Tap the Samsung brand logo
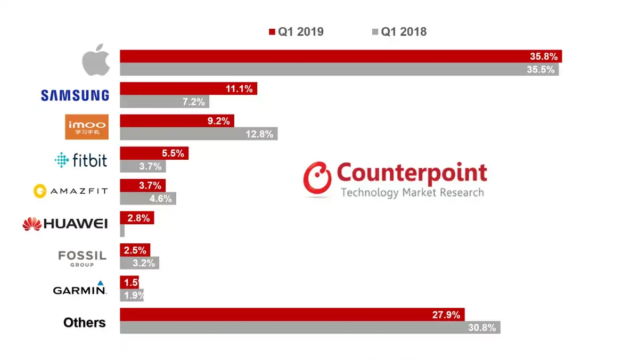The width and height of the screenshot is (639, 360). pos(75,95)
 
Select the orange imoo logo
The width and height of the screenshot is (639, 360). pos(86,127)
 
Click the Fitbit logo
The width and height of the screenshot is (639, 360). pos(81,160)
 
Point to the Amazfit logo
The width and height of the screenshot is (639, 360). pos(70,191)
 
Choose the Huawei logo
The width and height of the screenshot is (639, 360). pos(65,224)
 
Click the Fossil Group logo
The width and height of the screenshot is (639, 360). pos(82,257)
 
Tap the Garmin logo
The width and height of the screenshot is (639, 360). pos(80,289)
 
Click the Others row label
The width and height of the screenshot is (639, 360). pos(84,323)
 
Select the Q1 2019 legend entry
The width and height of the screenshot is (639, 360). pos(296,32)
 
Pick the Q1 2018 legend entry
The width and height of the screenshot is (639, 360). pos(399,32)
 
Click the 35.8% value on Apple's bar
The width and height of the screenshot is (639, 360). pos(543,56)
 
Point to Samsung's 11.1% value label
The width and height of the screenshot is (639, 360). pos(239,89)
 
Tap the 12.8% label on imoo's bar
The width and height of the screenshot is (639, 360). pos(260,134)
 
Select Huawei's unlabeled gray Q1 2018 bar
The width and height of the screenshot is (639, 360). pos(122,231)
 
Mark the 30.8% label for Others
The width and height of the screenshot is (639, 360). pos(482,328)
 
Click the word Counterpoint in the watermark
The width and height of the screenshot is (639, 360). pos(412,173)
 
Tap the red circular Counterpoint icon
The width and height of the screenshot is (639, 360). pos(317,179)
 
